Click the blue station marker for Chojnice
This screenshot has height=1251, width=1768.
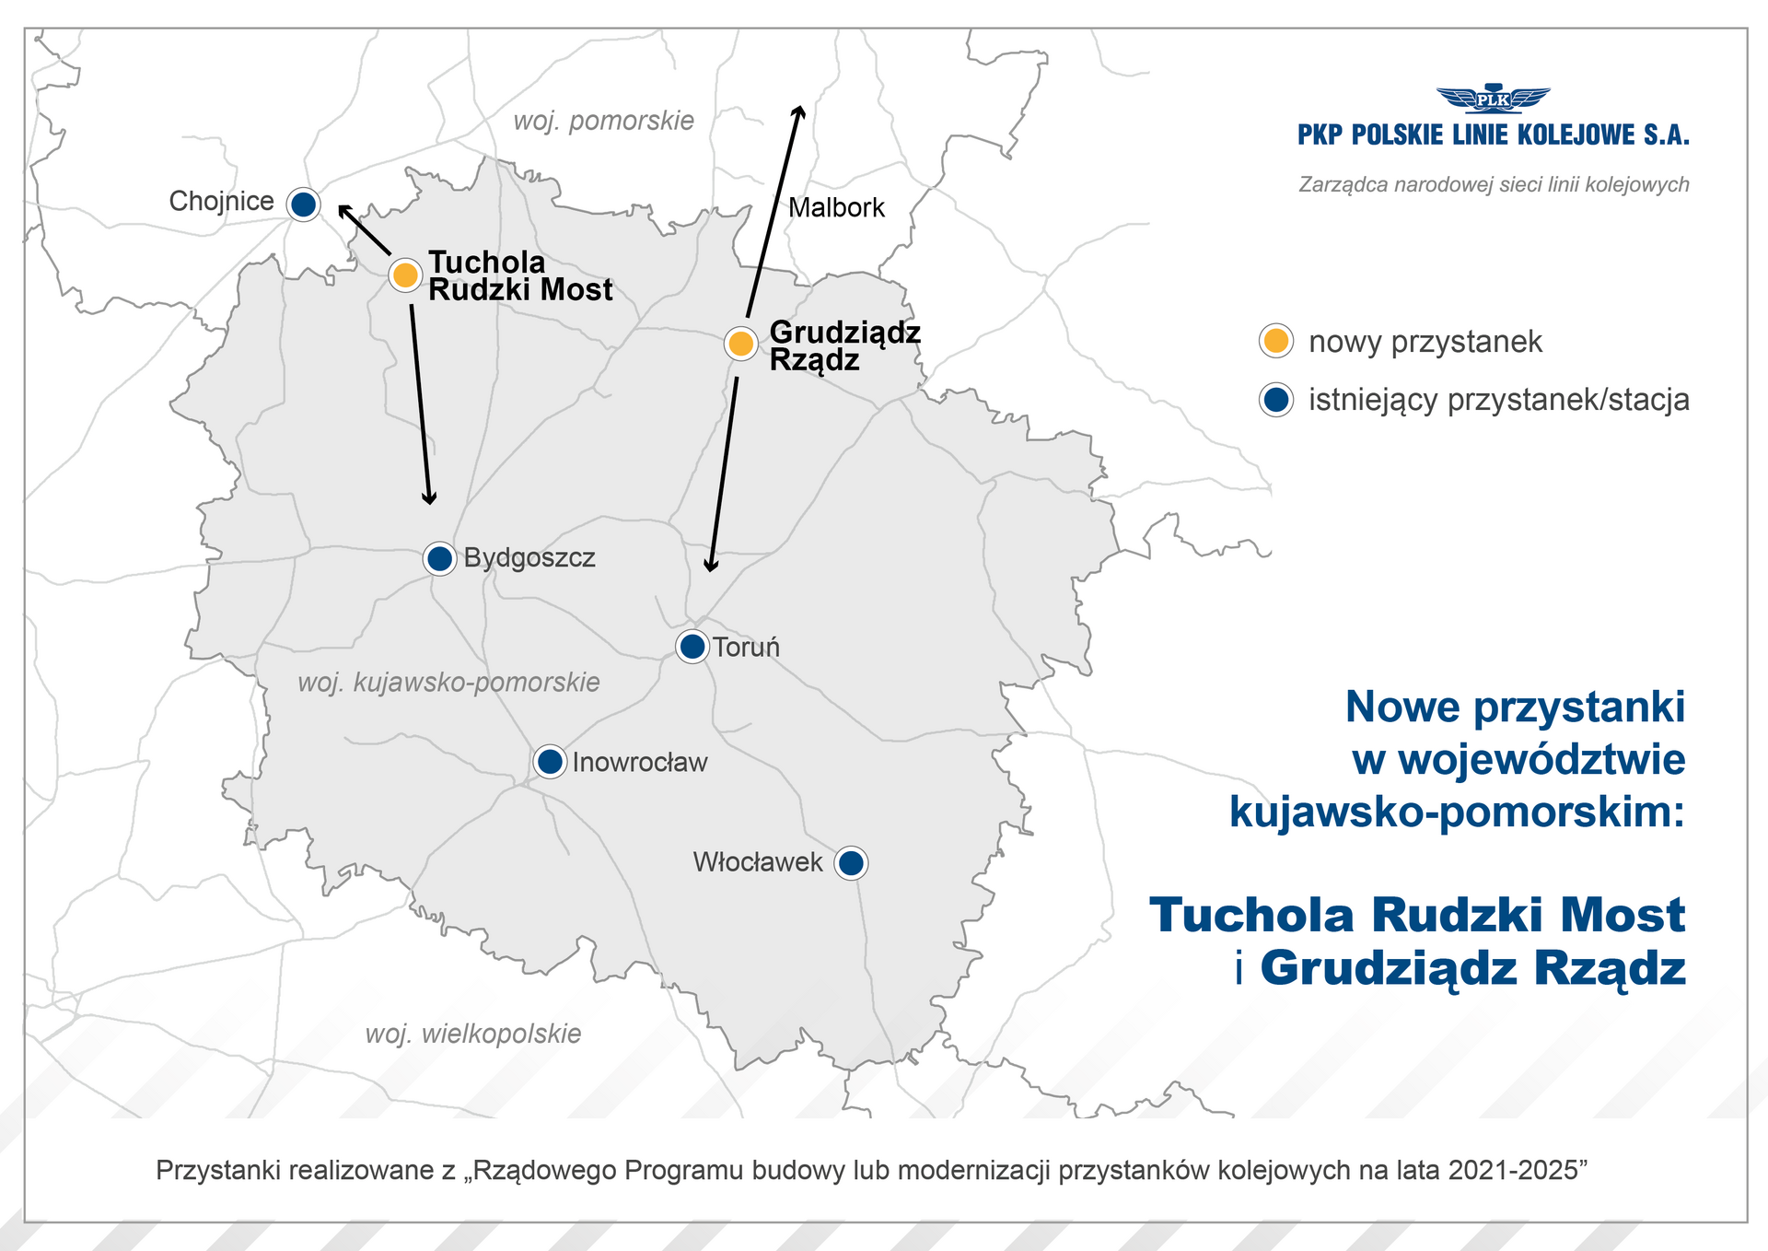[x=303, y=204]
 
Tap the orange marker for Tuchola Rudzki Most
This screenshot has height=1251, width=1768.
[x=404, y=275]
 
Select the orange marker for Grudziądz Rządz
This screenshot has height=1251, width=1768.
[x=740, y=344]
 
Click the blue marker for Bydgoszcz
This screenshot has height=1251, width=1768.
[x=440, y=558]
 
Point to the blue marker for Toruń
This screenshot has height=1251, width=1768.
[x=692, y=647]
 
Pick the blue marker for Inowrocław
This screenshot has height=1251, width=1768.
[x=550, y=762]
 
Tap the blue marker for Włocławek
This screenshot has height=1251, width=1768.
[x=852, y=863]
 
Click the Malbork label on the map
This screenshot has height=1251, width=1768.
[x=836, y=208]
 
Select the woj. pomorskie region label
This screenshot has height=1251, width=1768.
[x=603, y=121]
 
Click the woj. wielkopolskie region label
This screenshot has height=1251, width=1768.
[x=473, y=1034]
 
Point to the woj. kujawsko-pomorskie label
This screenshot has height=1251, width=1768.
[x=448, y=683]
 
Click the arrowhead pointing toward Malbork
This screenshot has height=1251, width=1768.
[x=799, y=111]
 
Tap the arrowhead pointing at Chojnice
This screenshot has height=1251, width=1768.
[x=343, y=210]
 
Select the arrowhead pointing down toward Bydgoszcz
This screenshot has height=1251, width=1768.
[x=429, y=498]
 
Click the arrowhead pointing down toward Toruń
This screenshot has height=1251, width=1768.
[x=710, y=566]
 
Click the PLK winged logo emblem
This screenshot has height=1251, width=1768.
[x=1493, y=99]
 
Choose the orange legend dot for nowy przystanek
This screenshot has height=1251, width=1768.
[x=1275, y=341]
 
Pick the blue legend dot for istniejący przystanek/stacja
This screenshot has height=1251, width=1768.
[x=1275, y=400]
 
